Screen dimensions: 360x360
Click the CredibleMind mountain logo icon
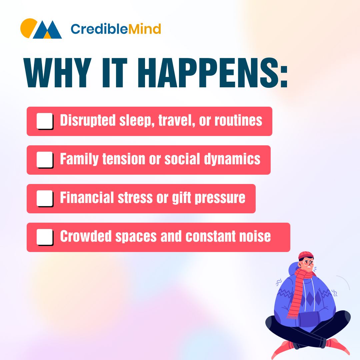tap(41, 28)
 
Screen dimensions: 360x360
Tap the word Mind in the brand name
tap(144, 29)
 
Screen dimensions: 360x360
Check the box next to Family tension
tap(45, 160)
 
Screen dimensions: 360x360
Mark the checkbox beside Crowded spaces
tap(45, 237)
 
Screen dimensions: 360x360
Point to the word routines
tap(238, 121)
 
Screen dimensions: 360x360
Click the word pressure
tap(220, 198)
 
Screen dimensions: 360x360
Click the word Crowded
tap(86, 236)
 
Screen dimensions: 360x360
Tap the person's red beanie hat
tap(306, 256)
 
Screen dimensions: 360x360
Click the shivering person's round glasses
tap(308, 263)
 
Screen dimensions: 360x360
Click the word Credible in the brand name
tap(99, 29)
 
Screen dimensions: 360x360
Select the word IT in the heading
tap(115, 73)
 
